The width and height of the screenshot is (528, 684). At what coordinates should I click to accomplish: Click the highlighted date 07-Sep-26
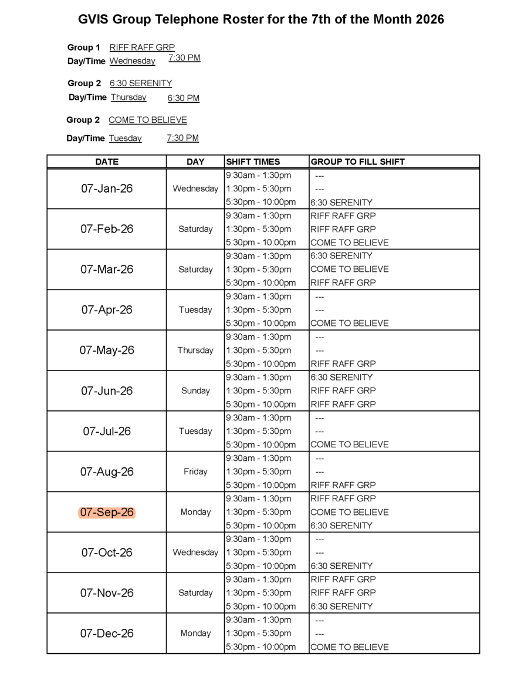pos(107,513)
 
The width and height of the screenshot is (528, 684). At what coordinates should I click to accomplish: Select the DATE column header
pos(107,161)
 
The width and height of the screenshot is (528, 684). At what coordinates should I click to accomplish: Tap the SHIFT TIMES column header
pos(253,161)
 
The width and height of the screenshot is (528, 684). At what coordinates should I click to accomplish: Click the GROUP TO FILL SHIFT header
pos(357,161)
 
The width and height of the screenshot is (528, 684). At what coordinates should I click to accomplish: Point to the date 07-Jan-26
pos(107,188)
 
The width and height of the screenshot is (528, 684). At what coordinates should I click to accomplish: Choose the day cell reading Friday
pos(195,471)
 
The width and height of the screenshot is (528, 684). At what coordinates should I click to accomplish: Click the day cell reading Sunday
pos(195,390)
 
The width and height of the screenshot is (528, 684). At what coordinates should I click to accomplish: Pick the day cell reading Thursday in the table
pos(195,351)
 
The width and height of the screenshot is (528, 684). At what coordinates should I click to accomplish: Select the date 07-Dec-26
pos(107,634)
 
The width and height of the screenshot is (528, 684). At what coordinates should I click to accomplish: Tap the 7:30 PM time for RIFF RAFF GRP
pos(184,58)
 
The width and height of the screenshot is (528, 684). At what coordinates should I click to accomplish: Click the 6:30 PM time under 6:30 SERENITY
pos(183,98)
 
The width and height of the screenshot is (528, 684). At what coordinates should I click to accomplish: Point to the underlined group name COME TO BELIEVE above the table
pos(148,120)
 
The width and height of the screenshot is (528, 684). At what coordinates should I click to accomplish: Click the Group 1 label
pos(84,48)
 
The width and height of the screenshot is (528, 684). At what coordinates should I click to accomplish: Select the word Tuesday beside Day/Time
pos(125,139)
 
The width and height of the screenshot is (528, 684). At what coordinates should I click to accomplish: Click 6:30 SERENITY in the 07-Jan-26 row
pos(341,203)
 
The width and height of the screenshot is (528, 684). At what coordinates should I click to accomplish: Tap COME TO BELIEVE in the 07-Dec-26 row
pos(349,647)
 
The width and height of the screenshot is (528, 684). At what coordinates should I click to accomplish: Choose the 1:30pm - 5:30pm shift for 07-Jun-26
pos(258,390)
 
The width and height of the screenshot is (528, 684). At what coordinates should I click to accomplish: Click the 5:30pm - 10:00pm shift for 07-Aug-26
pos(260,485)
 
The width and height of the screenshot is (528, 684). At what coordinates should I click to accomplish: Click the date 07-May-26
pos(107,351)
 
